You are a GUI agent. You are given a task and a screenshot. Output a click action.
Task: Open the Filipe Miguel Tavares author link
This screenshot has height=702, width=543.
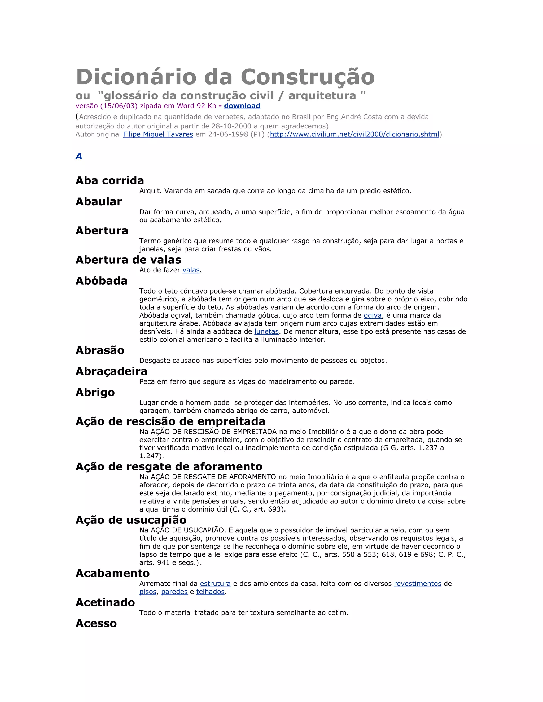click(x=158, y=134)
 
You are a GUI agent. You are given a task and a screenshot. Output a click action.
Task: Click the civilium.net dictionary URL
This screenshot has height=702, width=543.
click(x=354, y=134)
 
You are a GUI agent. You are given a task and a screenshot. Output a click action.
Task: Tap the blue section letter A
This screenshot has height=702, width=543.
click(x=79, y=157)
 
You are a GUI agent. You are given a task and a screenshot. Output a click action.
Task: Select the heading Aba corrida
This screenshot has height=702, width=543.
click(x=110, y=181)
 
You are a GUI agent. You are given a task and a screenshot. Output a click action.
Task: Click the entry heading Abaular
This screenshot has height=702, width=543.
click(x=99, y=202)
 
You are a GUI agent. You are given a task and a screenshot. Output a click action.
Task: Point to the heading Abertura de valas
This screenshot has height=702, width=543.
click(x=128, y=260)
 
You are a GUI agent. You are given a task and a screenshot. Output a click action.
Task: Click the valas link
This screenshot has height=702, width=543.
click(x=191, y=270)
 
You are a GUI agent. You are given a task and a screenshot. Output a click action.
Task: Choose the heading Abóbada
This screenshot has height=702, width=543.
click(x=101, y=281)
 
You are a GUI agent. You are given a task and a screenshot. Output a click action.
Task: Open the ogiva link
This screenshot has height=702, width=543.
click(x=373, y=315)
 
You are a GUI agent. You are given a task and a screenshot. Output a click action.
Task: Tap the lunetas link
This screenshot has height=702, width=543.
click(x=266, y=331)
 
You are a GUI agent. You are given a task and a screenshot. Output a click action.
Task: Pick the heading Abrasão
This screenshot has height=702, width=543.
click(x=100, y=350)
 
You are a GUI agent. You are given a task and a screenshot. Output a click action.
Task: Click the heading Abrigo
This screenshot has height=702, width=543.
click(x=95, y=393)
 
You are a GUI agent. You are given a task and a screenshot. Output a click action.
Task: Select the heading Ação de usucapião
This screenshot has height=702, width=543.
click(x=131, y=520)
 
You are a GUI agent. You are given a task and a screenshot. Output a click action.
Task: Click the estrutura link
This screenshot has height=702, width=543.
click(x=215, y=584)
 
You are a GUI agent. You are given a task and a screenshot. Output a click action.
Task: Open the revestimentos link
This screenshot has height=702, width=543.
click(x=417, y=584)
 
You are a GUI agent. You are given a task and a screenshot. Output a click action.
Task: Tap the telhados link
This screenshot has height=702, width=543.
click(x=210, y=592)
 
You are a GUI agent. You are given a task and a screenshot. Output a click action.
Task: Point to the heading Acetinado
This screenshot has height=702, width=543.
click(x=105, y=602)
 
